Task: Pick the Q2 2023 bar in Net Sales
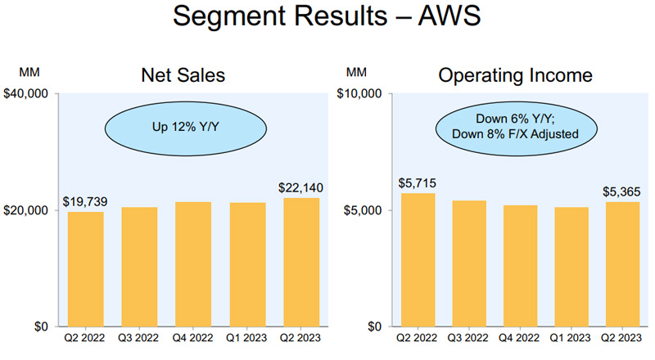(x=300, y=262)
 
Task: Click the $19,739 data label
(x=85, y=201)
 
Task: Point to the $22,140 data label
(x=300, y=188)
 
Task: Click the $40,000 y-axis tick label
(x=30, y=94)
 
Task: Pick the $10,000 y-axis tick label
(x=361, y=94)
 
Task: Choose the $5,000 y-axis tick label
(x=364, y=210)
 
